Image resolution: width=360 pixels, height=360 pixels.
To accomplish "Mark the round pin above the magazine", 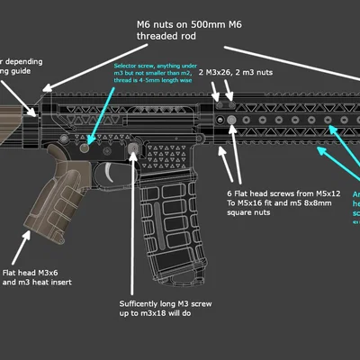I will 133,147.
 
